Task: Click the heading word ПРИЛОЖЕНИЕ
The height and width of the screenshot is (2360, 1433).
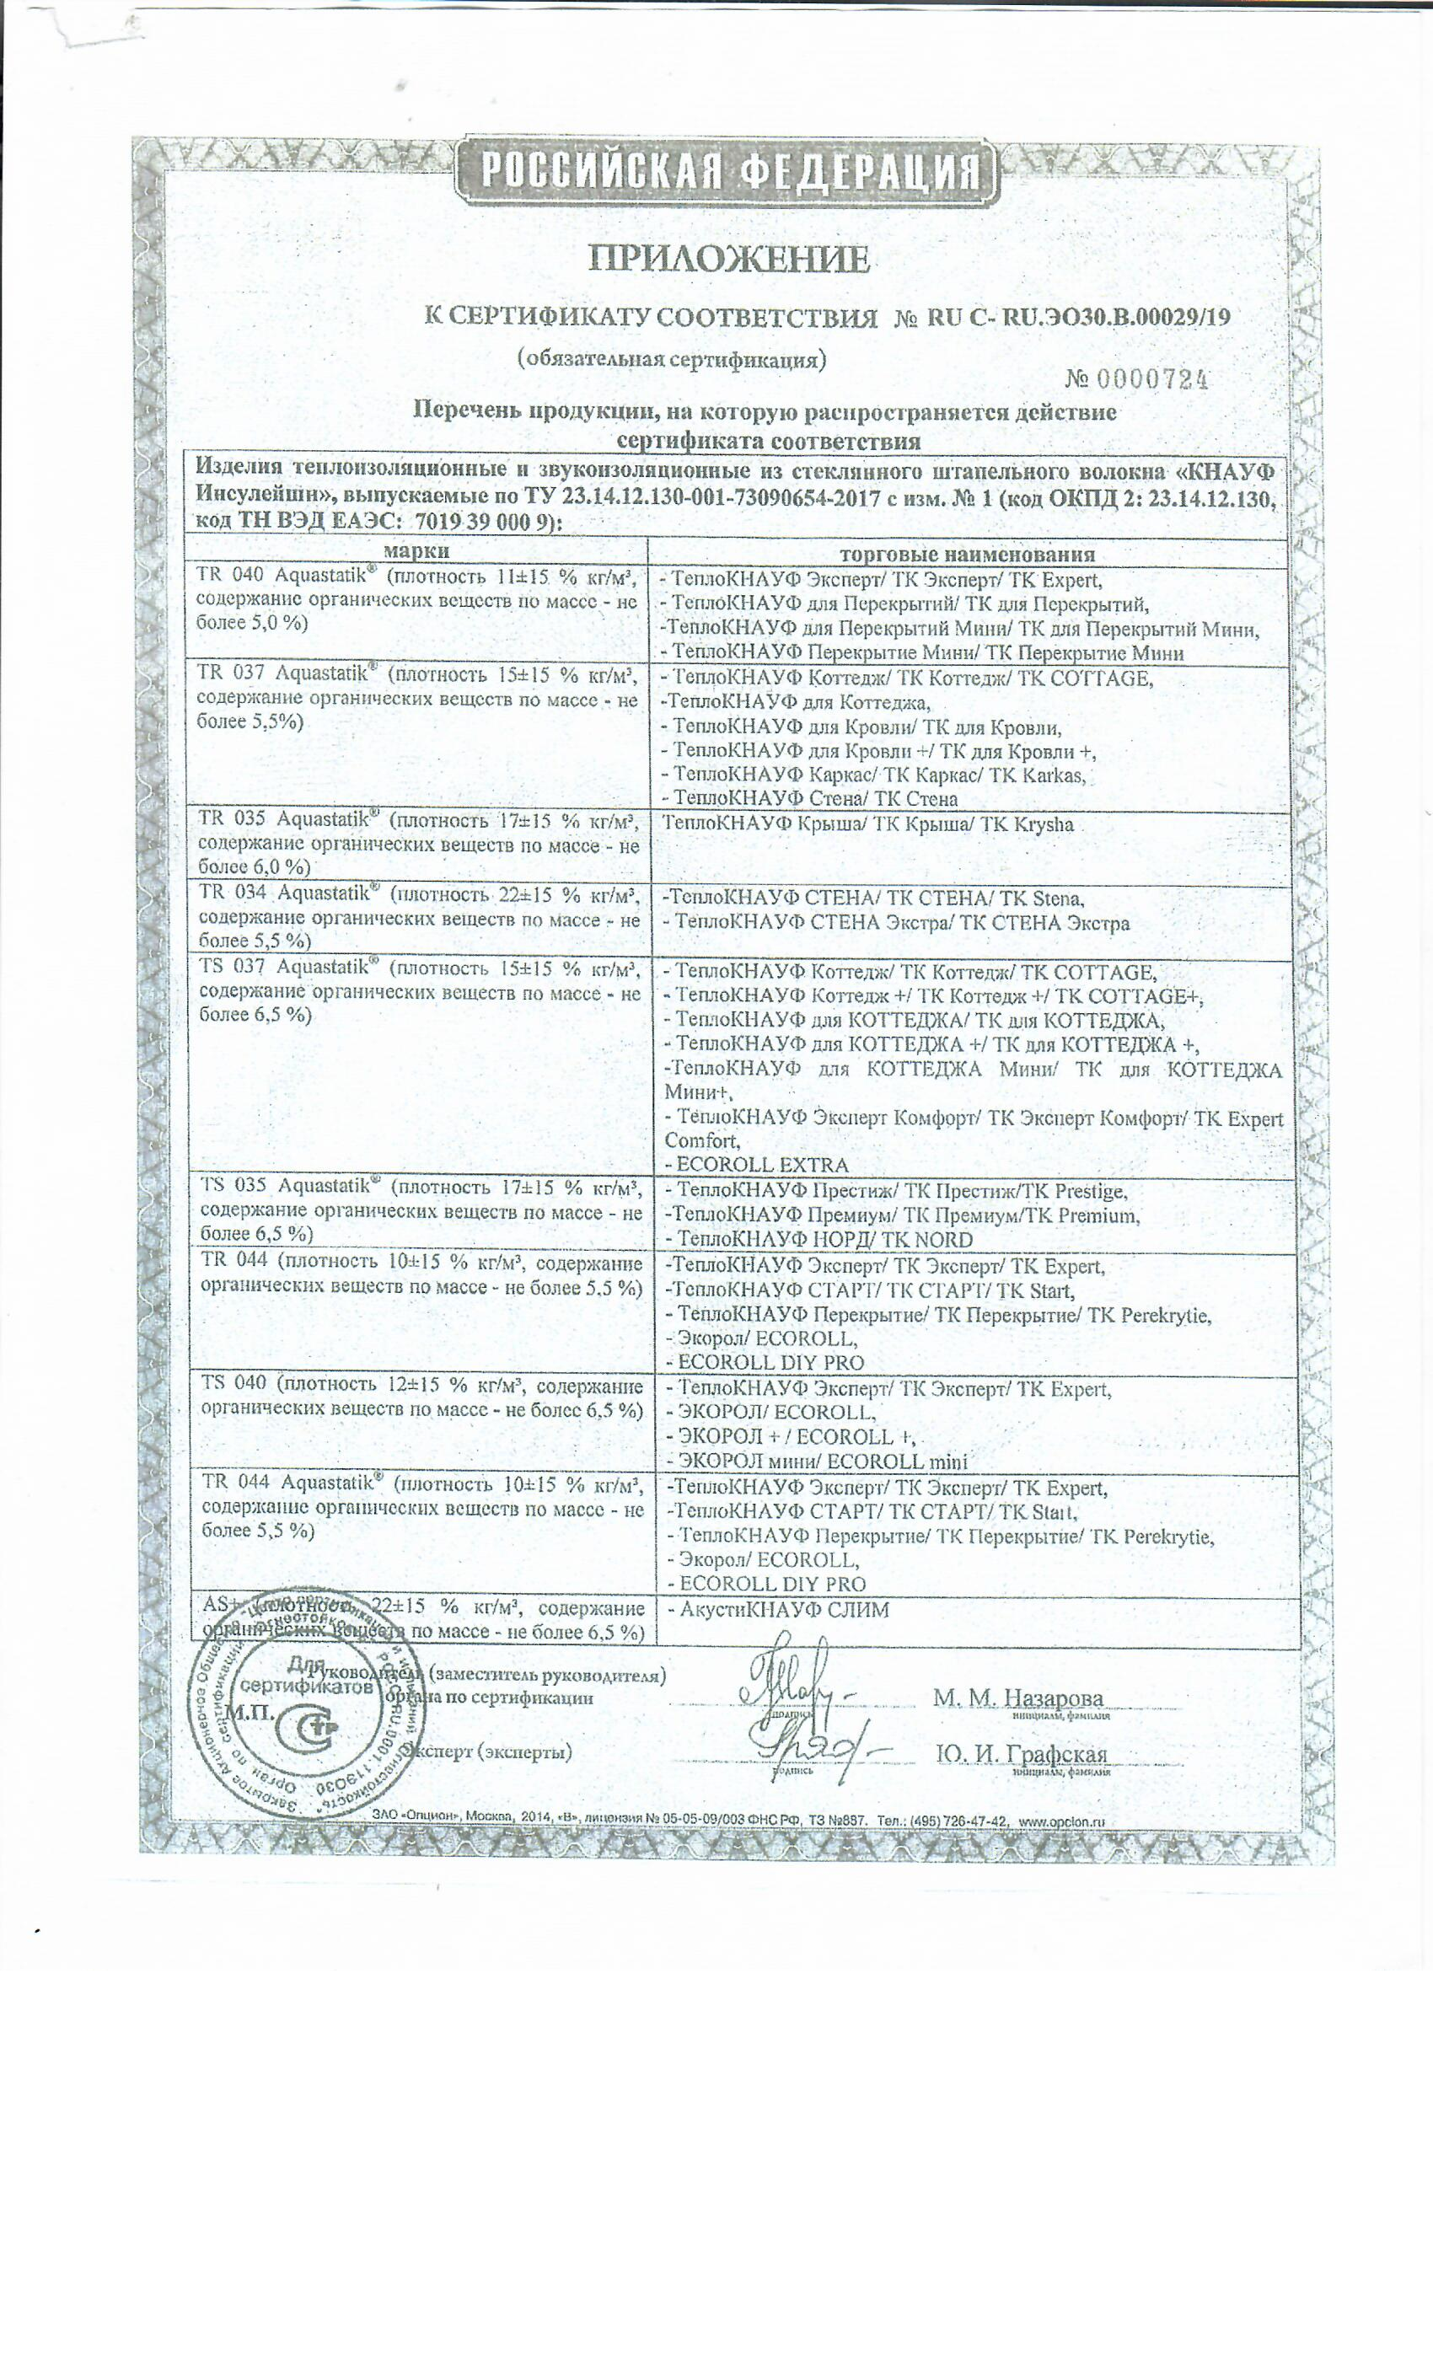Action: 728,259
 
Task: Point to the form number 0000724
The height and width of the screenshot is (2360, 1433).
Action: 1151,380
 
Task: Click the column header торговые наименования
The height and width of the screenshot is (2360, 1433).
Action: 967,554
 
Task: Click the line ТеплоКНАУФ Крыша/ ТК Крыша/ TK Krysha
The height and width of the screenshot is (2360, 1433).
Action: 869,824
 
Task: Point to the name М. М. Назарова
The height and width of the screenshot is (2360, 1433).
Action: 1017,1698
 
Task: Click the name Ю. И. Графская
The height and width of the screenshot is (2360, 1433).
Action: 1021,1755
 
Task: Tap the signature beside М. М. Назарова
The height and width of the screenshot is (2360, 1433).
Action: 795,1696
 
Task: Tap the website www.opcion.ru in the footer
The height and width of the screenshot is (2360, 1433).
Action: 1061,1821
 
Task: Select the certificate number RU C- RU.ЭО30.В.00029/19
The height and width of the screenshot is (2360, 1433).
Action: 1077,318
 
